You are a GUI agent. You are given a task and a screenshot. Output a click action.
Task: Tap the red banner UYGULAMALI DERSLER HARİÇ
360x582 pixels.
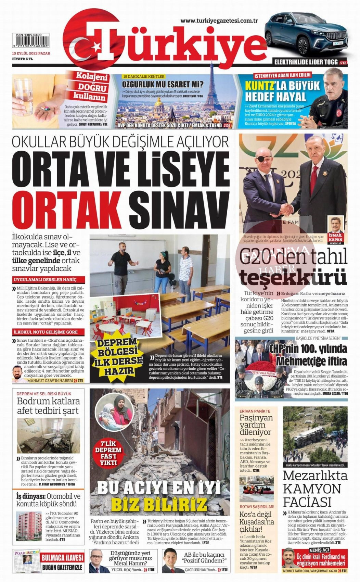(x=45, y=279)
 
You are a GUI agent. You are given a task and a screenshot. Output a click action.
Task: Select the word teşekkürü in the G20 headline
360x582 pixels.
(x=293, y=276)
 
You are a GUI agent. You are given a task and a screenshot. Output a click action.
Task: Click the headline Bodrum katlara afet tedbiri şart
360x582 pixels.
(x=48, y=406)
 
